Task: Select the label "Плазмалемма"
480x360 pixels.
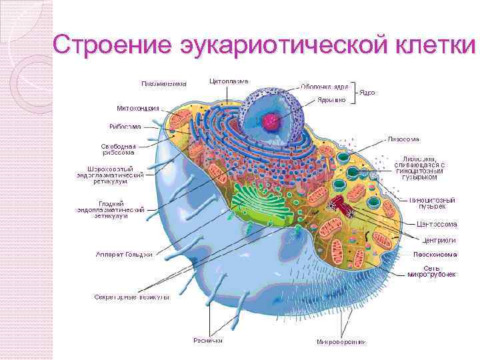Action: tap(163, 84)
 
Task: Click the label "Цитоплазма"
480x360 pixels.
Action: tap(229, 81)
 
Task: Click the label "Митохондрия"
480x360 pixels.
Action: tap(137, 108)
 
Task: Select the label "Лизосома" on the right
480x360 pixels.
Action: tap(403, 139)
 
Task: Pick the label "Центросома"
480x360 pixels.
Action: tap(437, 224)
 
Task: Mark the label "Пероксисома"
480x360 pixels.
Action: tap(435, 255)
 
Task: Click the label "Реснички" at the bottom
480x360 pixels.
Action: tap(208, 340)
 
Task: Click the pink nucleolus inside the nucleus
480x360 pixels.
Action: tap(271, 121)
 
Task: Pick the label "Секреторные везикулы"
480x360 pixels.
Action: tap(132, 296)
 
